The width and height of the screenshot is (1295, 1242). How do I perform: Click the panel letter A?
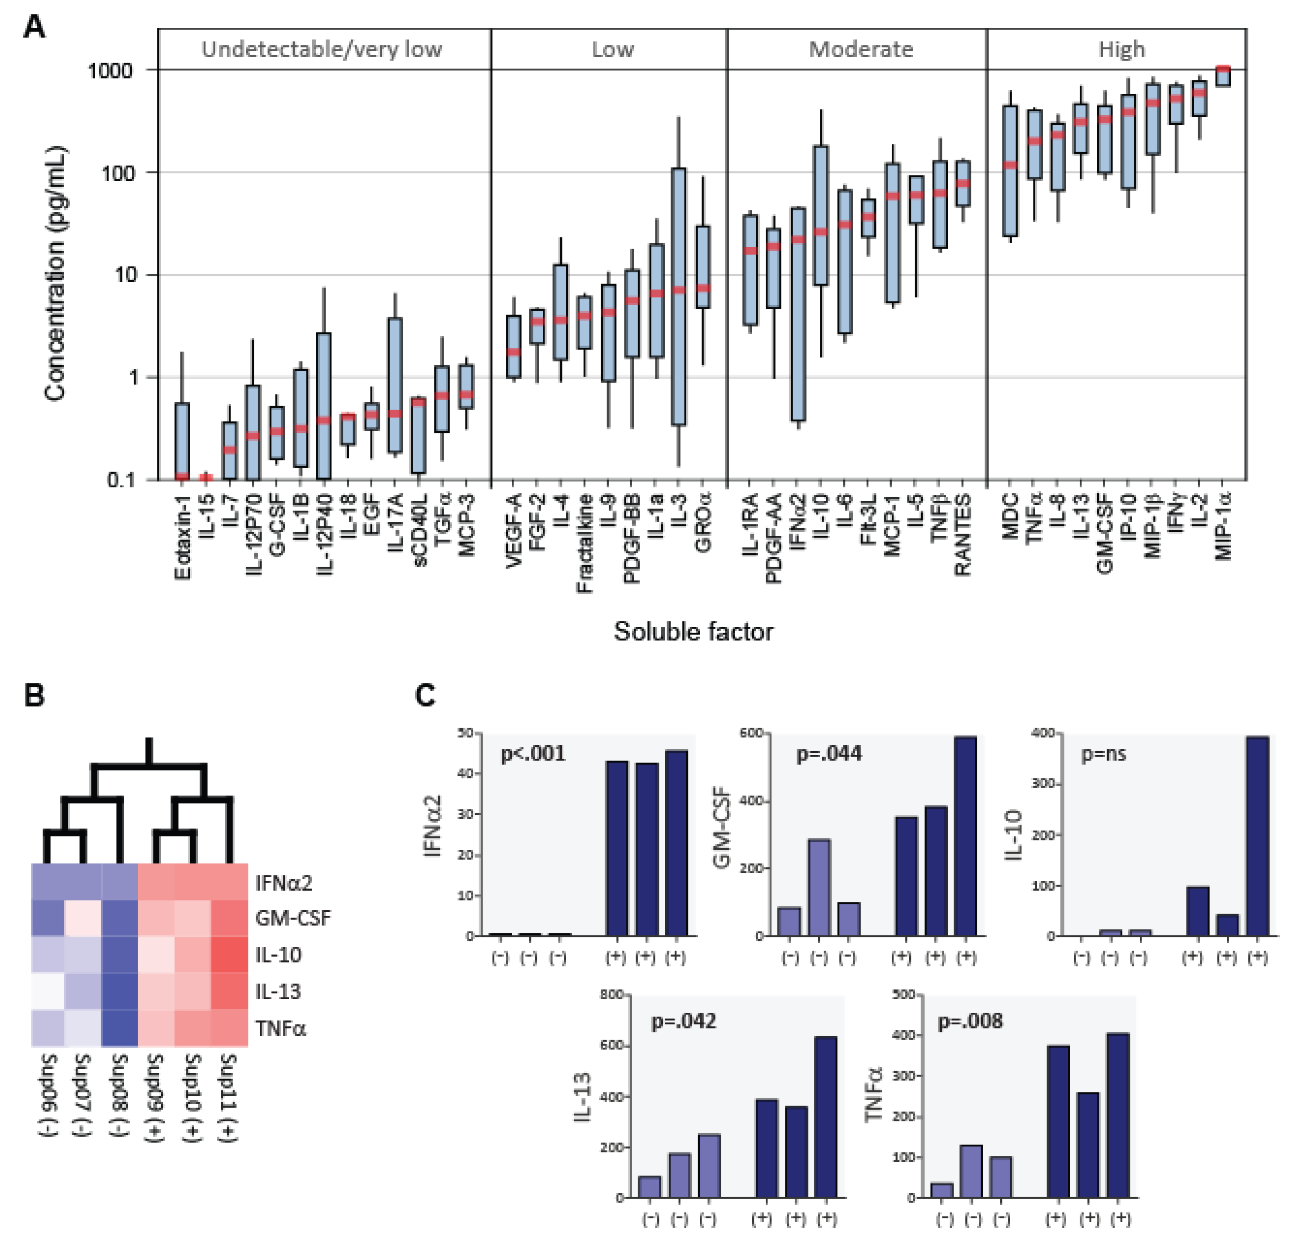pyautogui.click(x=35, y=28)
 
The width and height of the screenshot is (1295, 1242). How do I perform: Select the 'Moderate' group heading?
pyautogui.click(x=861, y=49)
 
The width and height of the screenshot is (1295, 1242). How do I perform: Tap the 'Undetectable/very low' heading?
pyautogui.click(x=322, y=49)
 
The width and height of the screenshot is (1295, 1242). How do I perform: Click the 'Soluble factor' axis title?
pyautogui.click(x=693, y=631)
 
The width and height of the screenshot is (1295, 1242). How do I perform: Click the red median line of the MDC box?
pyautogui.click(x=1010, y=165)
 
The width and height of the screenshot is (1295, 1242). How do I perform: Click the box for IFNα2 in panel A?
pyautogui.click(x=798, y=314)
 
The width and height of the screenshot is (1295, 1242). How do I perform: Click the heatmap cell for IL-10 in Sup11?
pyautogui.click(x=229, y=954)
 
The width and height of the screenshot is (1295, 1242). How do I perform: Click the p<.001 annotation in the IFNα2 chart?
pyautogui.click(x=532, y=753)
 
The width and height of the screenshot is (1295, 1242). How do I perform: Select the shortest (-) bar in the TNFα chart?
pyautogui.click(x=942, y=1190)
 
